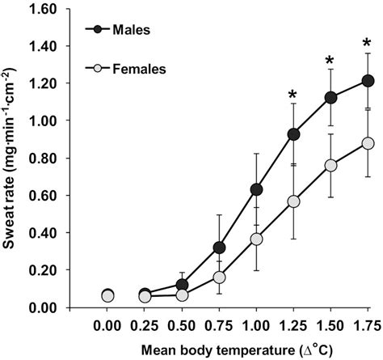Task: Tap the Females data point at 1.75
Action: [x=368, y=143]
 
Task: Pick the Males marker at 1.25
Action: [x=293, y=134]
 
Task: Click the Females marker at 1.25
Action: [x=293, y=201]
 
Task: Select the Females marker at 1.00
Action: [x=256, y=239]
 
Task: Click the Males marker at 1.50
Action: [x=330, y=97]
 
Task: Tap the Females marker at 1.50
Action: [x=330, y=165]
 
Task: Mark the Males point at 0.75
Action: [x=219, y=248]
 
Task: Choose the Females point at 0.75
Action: [x=219, y=277]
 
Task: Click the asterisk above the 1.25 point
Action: [x=293, y=96]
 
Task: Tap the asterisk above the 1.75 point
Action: [x=368, y=43]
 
